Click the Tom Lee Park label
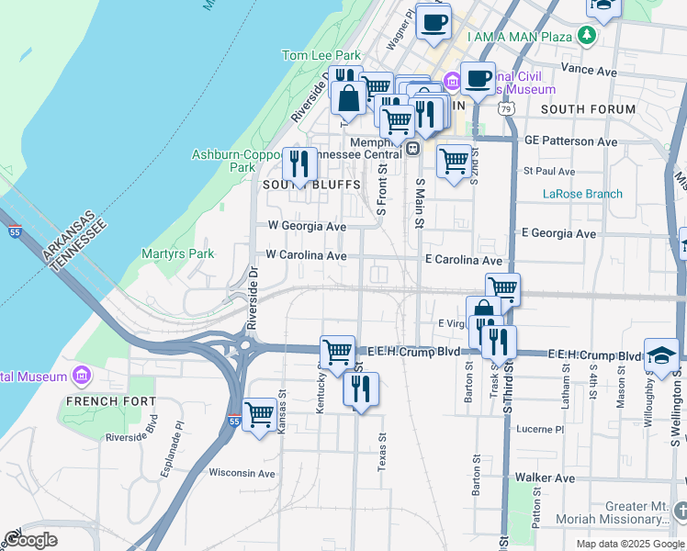point(321,56)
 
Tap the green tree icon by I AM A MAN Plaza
point(586,37)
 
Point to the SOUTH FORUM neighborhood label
point(588,109)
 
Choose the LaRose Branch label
point(582,194)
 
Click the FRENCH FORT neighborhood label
point(104,401)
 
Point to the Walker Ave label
point(545,478)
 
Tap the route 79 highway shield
point(506,108)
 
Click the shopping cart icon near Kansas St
point(260,413)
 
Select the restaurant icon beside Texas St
point(361,388)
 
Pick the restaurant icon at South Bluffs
point(299,163)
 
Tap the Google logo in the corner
point(30,540)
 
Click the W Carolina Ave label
point(306,254)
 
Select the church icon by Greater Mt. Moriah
point(679,508)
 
